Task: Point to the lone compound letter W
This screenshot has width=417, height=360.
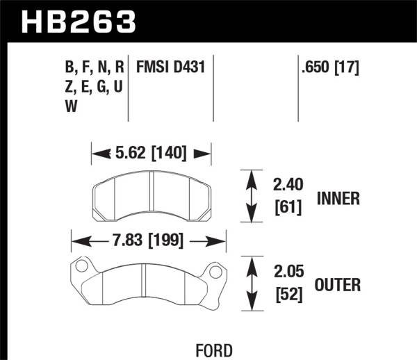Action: pos(71,106)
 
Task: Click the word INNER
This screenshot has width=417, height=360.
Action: pos(338,199)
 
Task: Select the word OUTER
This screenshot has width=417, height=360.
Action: pos(337,285)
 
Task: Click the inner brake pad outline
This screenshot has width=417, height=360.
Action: pos(152,195)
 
